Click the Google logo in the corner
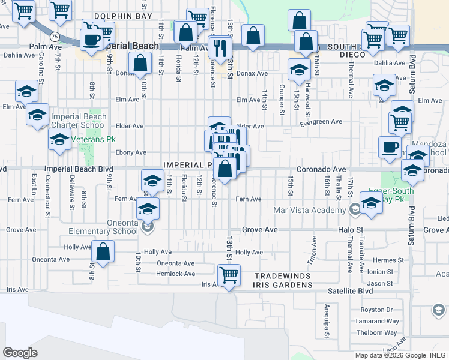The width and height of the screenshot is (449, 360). click(x=20, y=353)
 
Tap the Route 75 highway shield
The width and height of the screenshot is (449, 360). click(x=54, y=36)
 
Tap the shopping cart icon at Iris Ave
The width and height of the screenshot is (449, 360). click(x=229, y=275)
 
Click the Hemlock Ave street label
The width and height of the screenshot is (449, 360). click(x=176, y=274)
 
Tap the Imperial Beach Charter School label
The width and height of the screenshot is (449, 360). click(x=79, y=121)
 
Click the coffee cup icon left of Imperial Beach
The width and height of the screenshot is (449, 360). click(x=91, y=41)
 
